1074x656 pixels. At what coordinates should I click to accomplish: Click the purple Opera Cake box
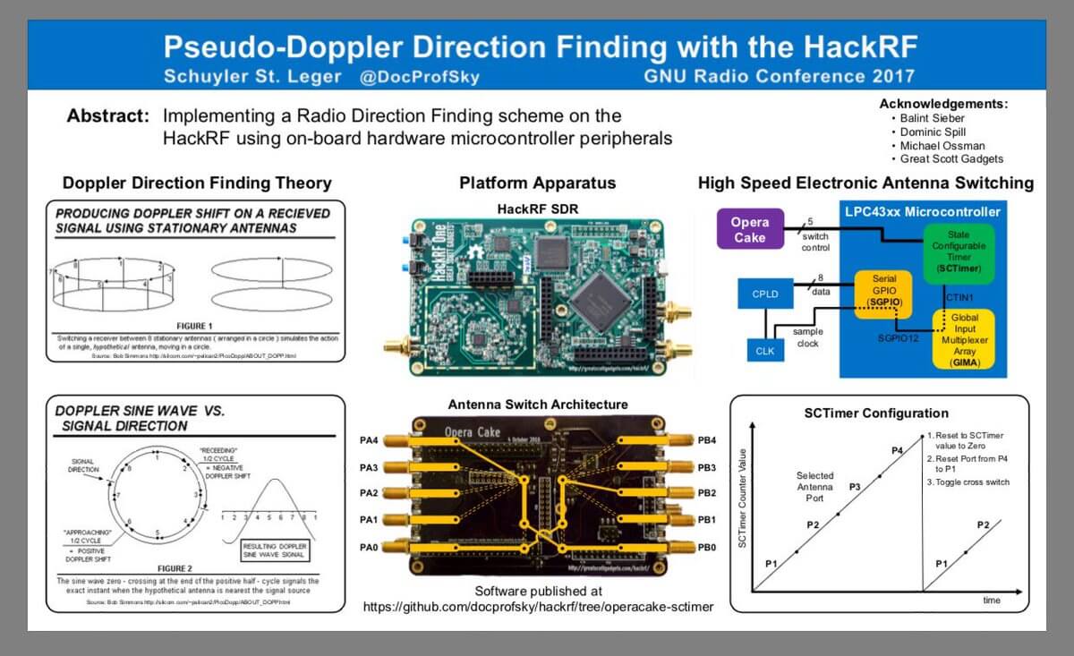tap(749, 229)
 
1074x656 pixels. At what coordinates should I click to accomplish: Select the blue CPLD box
tap(764, 294)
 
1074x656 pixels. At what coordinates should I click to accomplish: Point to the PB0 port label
tap(708, 546)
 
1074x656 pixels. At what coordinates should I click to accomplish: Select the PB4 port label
tap(708, 440)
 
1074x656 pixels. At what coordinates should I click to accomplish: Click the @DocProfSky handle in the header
tap(419, 77)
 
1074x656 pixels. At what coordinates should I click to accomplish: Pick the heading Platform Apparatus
tap(537, 183)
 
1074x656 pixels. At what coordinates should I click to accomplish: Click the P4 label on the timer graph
tap(896, 450)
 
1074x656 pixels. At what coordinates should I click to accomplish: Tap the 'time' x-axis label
tap(992, 601)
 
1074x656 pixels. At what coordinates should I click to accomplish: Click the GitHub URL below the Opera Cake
tap(538, 607)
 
